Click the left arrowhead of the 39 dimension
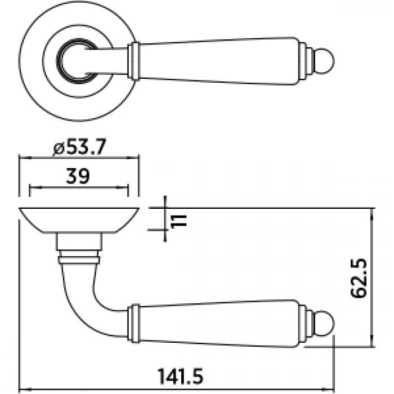[32, 187]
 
